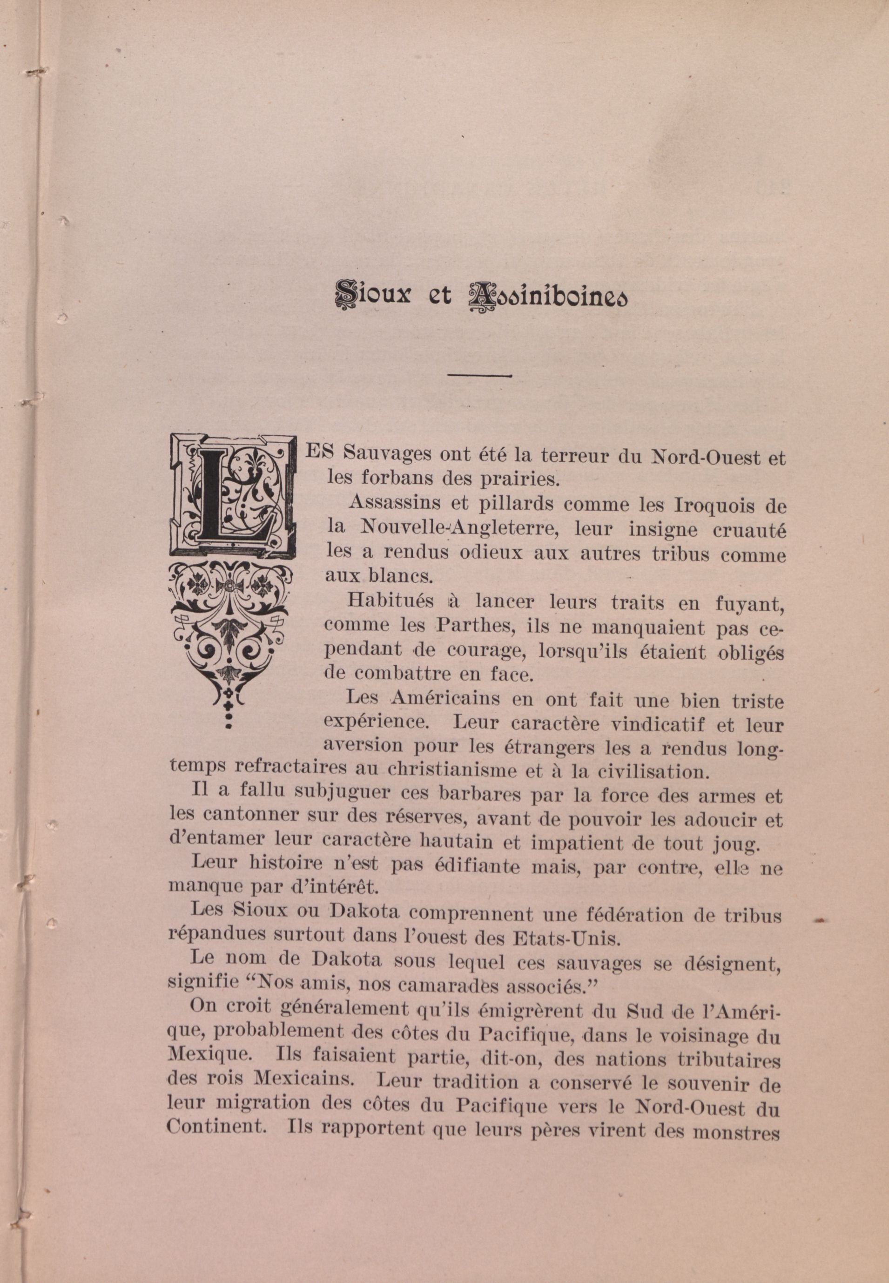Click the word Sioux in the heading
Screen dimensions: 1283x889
click(371, 295)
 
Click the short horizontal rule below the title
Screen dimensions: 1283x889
click(479, 376)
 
